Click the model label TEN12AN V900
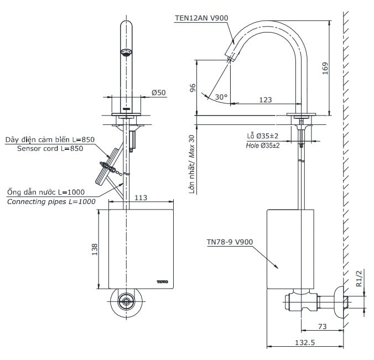click(x=200, y=18)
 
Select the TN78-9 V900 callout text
click(x=230, y=242)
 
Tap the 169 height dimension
click(x=325, y=67)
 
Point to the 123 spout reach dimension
click(x=266, y=100)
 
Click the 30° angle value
click(x=221, y=97)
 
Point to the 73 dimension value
click(x=322, y=327)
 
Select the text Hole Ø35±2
click(x=263, y=145)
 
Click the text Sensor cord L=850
click(x=50, y=148)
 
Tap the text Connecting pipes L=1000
click(x=51, y=201)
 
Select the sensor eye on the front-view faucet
click(x=126, y=53)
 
